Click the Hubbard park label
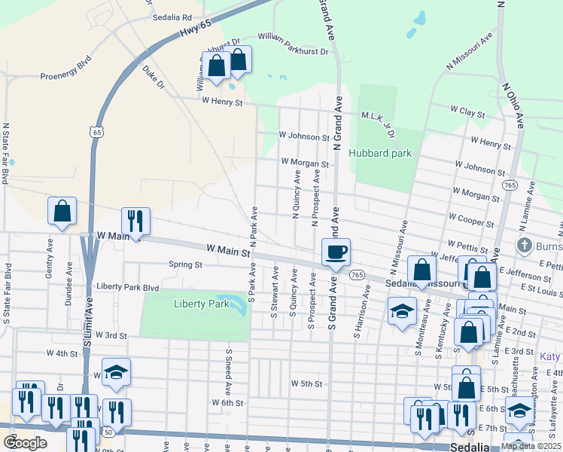coord(380,153)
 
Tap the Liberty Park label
coord(200,304)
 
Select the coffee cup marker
coord(336,252)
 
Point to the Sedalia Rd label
coord(172,17)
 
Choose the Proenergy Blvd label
coord(65,76)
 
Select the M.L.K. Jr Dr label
coord(379,121)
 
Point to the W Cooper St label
coord(470,220)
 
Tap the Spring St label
coord(186,265)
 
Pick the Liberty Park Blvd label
coord(128,287)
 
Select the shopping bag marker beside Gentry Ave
coord(62,212)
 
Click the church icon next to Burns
coord(525,246)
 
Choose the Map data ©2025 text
coord(531,446)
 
